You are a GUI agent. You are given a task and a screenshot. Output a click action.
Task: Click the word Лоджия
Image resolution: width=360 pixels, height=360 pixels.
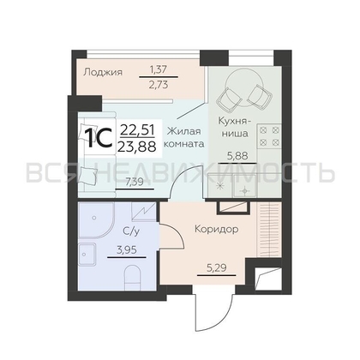click(103, 72)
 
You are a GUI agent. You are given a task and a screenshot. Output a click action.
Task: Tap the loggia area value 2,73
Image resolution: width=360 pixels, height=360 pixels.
click(159, 85)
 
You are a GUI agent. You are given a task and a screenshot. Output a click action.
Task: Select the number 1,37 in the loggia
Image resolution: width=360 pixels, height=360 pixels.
click(159, 69)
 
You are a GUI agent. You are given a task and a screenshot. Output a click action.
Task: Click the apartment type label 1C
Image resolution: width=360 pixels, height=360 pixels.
click(99, 138)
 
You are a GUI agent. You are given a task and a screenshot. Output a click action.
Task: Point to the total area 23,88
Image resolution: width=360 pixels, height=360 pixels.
click(138, 147)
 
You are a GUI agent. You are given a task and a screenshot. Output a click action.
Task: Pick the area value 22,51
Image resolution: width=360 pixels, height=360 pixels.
click(137, 131)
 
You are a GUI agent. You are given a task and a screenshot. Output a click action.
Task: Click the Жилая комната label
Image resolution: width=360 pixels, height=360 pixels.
click(183, 137)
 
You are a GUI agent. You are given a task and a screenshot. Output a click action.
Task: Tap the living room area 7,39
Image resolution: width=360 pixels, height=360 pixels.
click(135, 182)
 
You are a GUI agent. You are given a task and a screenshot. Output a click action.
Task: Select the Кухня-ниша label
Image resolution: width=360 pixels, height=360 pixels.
click(235, 127)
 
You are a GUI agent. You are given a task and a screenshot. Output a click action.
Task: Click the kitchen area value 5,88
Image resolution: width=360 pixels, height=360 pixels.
click(237, 156)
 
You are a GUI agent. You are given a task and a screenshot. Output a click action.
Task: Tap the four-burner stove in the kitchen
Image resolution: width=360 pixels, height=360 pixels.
click(269, 135)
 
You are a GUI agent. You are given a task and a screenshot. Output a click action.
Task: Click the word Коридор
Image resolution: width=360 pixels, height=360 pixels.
click(217, 229)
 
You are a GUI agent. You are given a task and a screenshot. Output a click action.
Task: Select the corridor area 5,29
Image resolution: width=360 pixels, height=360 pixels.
click(217, 268)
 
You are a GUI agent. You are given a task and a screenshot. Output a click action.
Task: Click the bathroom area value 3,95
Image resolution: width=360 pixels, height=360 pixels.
click(127, 250)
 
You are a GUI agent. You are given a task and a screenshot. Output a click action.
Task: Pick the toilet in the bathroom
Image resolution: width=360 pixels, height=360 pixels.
click(133, 278)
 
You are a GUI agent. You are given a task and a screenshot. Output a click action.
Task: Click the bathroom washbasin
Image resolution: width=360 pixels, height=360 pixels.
click(87, 255)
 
